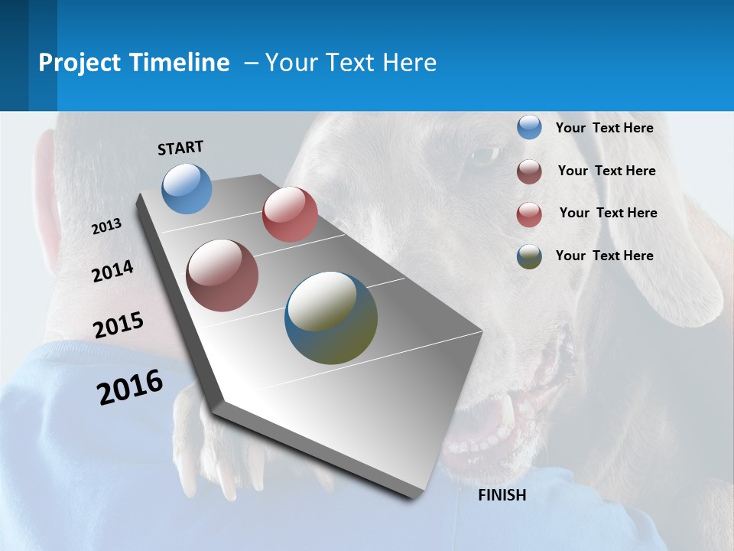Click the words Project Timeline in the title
click(x=134, y=63)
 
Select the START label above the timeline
click(x=180, y=148)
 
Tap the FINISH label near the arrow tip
click(x=502, y=495)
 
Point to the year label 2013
click(x=107, y=227)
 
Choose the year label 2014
click(x=113, y=271)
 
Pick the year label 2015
click(x=119, y=325)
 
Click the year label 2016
click(x=130, y=387)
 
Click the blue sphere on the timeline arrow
click(x=187, y=188)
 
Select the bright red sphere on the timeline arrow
click(x=290, y=214)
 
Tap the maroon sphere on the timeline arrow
click(x=222, y=275)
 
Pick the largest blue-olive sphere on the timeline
click(x=331, y=318)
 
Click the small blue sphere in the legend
click(x=529, y=128)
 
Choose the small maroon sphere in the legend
click(x=529, y=171)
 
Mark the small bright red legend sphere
click(x=529, y=214)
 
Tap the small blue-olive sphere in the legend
click(x=529, y=256)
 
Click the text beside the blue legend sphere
click(x=604, y=128)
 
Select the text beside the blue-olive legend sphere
click(x=604, y=256)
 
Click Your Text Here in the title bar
click(x=351, y=63)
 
